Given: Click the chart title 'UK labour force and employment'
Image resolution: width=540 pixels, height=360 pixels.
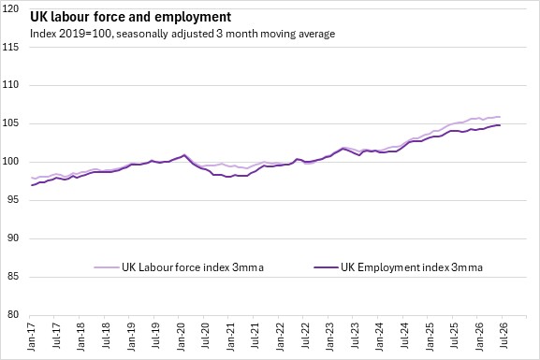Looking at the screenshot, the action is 130,17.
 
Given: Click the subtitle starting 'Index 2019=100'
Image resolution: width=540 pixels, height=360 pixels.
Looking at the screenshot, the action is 182,34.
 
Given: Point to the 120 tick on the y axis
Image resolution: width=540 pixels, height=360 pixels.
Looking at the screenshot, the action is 10,9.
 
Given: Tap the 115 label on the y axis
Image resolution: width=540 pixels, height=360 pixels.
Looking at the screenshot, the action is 10,47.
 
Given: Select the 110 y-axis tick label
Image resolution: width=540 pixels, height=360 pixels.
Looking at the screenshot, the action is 10,85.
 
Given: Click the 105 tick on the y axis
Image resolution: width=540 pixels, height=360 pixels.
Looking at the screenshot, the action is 10,123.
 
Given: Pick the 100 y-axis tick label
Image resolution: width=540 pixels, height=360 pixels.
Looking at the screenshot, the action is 10,162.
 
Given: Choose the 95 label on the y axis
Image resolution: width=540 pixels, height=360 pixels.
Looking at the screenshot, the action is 13,199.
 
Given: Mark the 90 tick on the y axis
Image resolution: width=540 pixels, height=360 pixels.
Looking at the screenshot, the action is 13,238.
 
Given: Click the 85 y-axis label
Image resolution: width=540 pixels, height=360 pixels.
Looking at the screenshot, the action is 13,276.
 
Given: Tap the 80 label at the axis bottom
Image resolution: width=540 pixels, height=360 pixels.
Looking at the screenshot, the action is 13,314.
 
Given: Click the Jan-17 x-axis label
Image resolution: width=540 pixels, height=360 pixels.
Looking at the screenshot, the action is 31,337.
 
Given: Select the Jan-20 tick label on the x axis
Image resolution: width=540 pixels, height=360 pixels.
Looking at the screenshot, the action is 181,337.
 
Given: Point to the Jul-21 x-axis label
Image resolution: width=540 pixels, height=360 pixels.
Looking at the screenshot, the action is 255,337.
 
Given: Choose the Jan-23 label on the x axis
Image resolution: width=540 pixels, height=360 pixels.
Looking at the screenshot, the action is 330,337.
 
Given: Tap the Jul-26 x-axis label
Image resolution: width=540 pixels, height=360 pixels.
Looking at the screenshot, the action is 504,337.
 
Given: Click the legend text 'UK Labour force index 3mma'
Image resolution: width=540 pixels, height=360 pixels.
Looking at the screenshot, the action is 193,267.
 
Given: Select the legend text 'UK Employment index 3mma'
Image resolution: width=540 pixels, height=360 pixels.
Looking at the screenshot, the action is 412,267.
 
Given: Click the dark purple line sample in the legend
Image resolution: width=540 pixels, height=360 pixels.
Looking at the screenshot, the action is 326,267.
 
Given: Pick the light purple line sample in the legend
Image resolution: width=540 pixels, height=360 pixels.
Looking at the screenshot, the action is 107,267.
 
